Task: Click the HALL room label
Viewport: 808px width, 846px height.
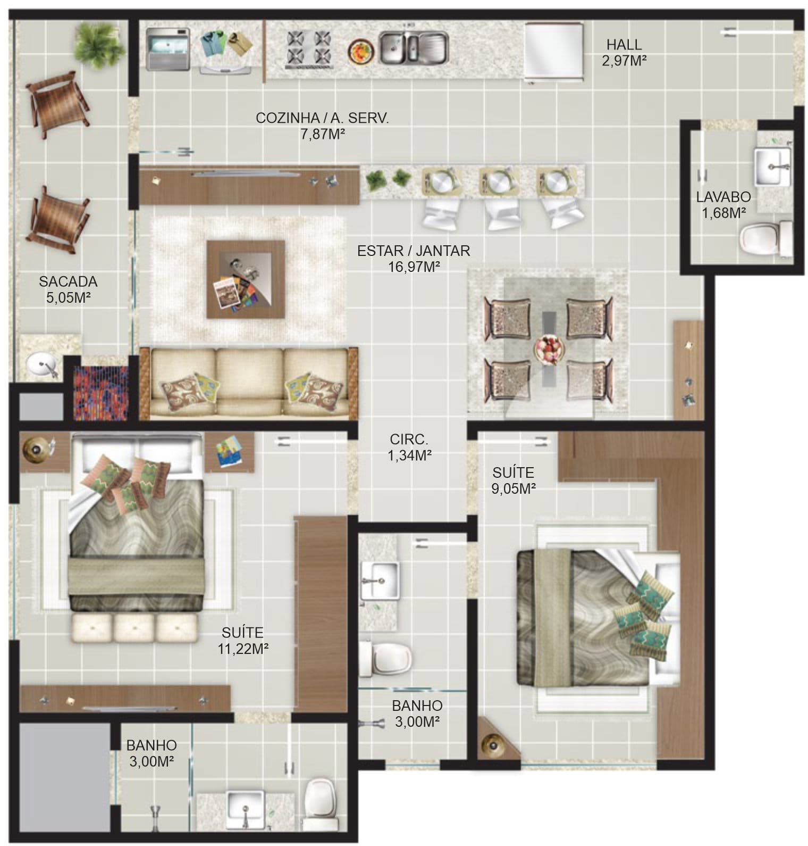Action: [624, 45]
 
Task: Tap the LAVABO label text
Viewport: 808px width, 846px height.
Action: [723, 197]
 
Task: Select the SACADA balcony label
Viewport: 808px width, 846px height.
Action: [68, 281]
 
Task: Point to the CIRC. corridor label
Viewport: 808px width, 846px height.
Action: [409, 439]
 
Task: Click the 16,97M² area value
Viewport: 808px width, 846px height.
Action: [414, 267]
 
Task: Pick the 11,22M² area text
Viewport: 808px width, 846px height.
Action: [242, 649]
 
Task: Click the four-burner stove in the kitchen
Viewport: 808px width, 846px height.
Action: [309, 48]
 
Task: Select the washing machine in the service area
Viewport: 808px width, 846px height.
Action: [168, 49]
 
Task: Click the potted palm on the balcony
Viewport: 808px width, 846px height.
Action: [99, 45]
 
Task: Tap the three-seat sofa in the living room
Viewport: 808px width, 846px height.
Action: [249, 383]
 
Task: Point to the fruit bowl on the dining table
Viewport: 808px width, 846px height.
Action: [549, 349]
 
